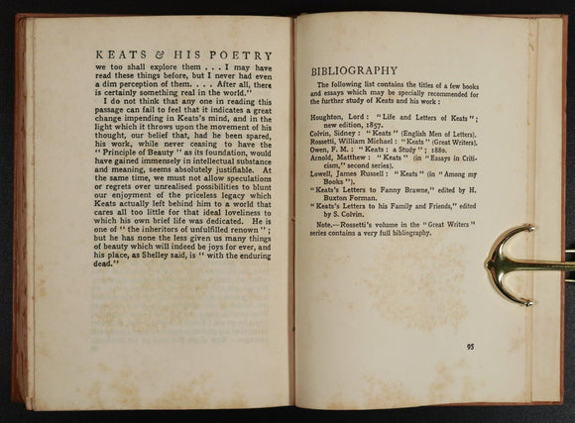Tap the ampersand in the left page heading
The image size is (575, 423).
[x=138, y=56]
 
